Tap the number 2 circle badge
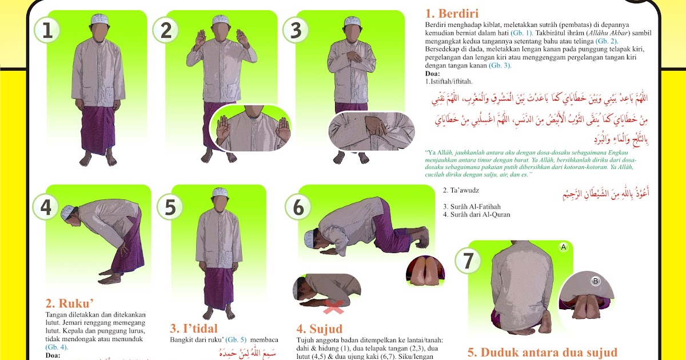pyautogui.click(x=166, y=30)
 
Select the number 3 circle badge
pyautogui.click(x=296, y=30)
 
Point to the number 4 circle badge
pyautogui.click(x=46, y=206)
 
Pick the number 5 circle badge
pyautogui.click(x=170, y=206)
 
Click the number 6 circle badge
pyautogui.click(x=298, y=207)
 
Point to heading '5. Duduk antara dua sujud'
pyautogui.click(x=543, y=353)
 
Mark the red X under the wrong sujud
pyautogui.click(x=333, y=309)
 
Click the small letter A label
pyautogui.click(x=563, y=247)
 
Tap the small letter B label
pyautogui.click(x=595, y=281)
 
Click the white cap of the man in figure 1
pyautogui.click(x=99, y=18)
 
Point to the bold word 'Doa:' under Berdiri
pyautogui.click(x=433, y=74)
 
